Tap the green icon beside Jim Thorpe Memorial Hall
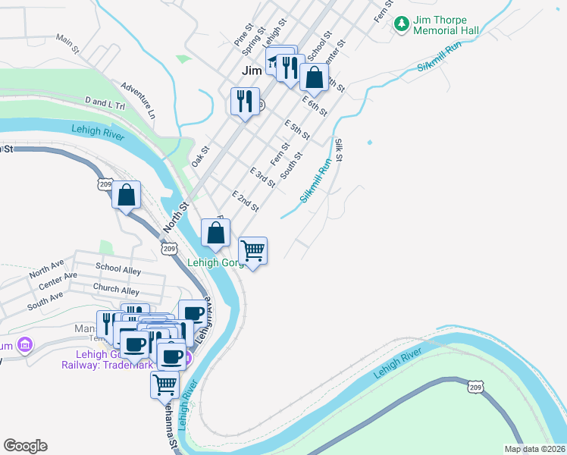coord(401,25)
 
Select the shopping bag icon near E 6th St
coord(314,77)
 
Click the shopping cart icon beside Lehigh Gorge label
coord(252,249)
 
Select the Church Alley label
coord(116,290)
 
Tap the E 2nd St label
coord(246,201)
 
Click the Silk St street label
coord(340,149)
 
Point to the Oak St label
coord(200,157)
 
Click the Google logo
coord(26,446)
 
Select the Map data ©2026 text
coord(534,449)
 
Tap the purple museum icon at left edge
coord(25,345)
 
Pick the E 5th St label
coord(296,129)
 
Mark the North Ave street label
coord(47,269)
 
